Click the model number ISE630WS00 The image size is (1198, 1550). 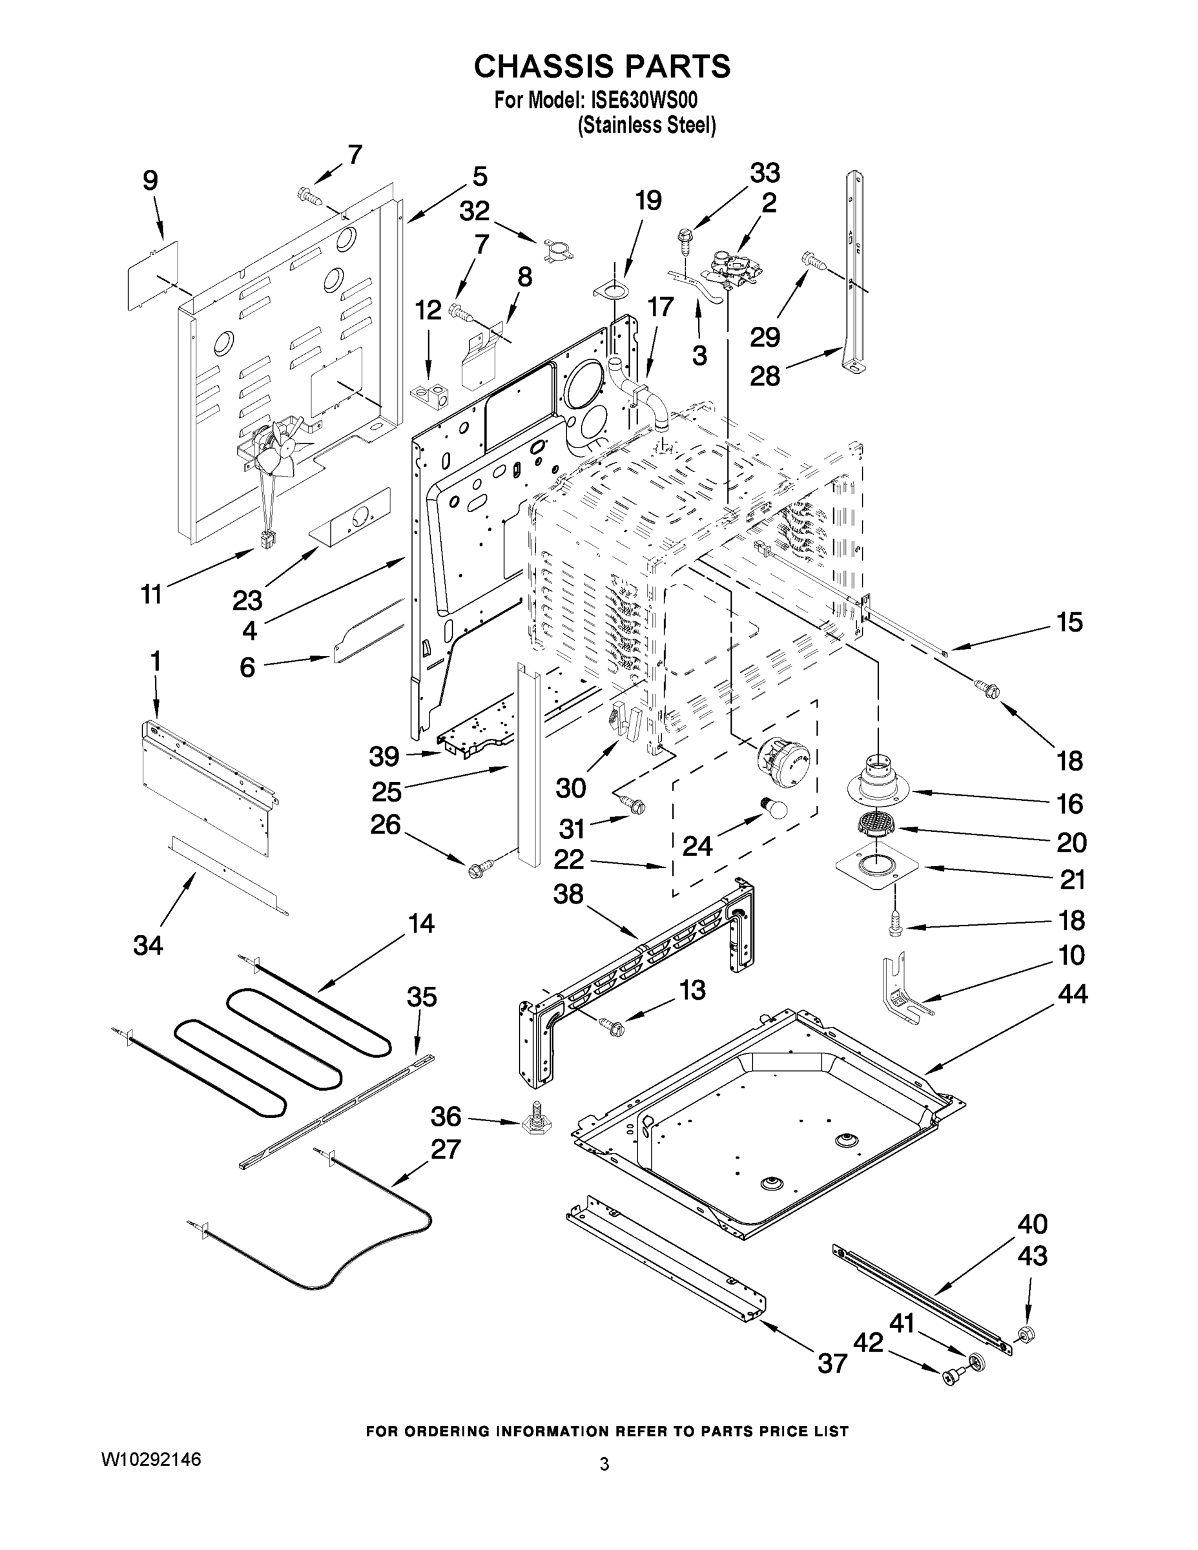[645, 100]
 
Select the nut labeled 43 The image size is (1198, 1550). [1026, 1334]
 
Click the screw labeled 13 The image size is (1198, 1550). [611, 1024]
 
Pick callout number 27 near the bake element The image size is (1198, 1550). [445, 1148]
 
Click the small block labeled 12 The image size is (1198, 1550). [429, 395]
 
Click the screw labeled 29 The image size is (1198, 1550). [813, 261]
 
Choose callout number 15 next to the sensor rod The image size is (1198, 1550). [1069, 622]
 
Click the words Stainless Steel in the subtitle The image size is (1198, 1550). [646, 126]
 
